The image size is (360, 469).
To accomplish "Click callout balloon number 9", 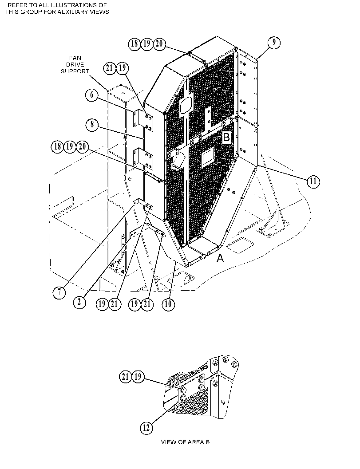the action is [x=274, y=43].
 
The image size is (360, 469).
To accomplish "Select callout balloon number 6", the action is [x=91, y=95].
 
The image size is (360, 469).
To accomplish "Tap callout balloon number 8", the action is [x=92, y=124].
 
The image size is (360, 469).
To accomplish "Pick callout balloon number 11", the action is [x=313, y=181].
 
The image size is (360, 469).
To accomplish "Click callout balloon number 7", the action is [x=59, y=292].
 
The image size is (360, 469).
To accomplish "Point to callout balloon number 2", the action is [x=79, y=302].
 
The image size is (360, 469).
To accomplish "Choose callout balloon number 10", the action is [x=168, y=304].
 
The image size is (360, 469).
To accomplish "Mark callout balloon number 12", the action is [x=146, y=428].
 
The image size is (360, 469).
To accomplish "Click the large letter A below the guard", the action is [x=220, y=258].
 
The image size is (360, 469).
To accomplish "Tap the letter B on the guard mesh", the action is [x=226, y=137].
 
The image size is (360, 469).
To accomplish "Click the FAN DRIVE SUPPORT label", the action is [x=75, y=65].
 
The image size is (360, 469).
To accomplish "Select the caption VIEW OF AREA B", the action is [x=185, y=442].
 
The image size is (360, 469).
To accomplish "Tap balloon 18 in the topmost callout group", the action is [x=135, y=44].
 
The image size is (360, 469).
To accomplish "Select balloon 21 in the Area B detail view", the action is [x=126, y=377].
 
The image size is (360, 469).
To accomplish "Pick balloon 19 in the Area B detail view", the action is [x=138, y=377].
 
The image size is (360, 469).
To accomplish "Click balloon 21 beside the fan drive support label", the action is [x=110, y=68].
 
